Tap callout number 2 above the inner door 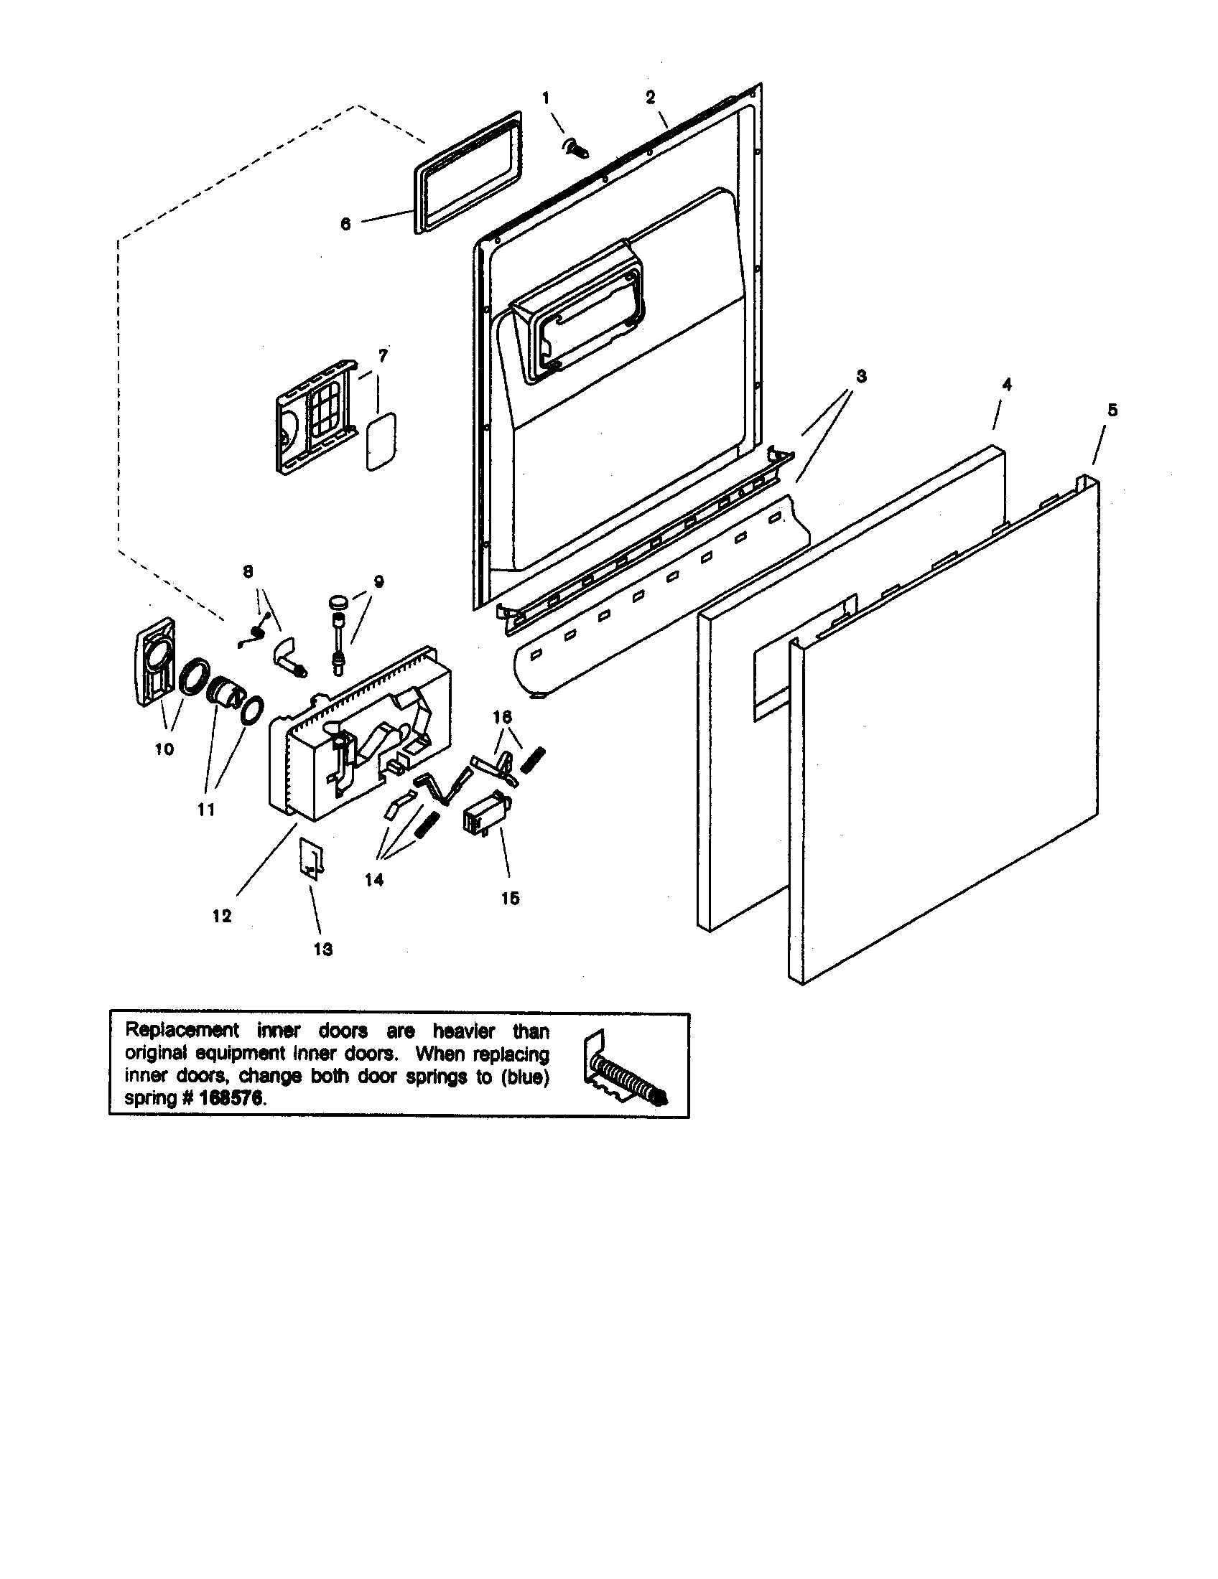click(650, 97)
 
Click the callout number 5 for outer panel click(1112, 410)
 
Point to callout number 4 click(1006, 385)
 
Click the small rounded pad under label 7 click(381, 441)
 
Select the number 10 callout click(164, 749)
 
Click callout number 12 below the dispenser click(222, 916)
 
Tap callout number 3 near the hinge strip click(860, 376)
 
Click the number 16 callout click(502, 716)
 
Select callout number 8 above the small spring click(247, 571)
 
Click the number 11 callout click(206, 810)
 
